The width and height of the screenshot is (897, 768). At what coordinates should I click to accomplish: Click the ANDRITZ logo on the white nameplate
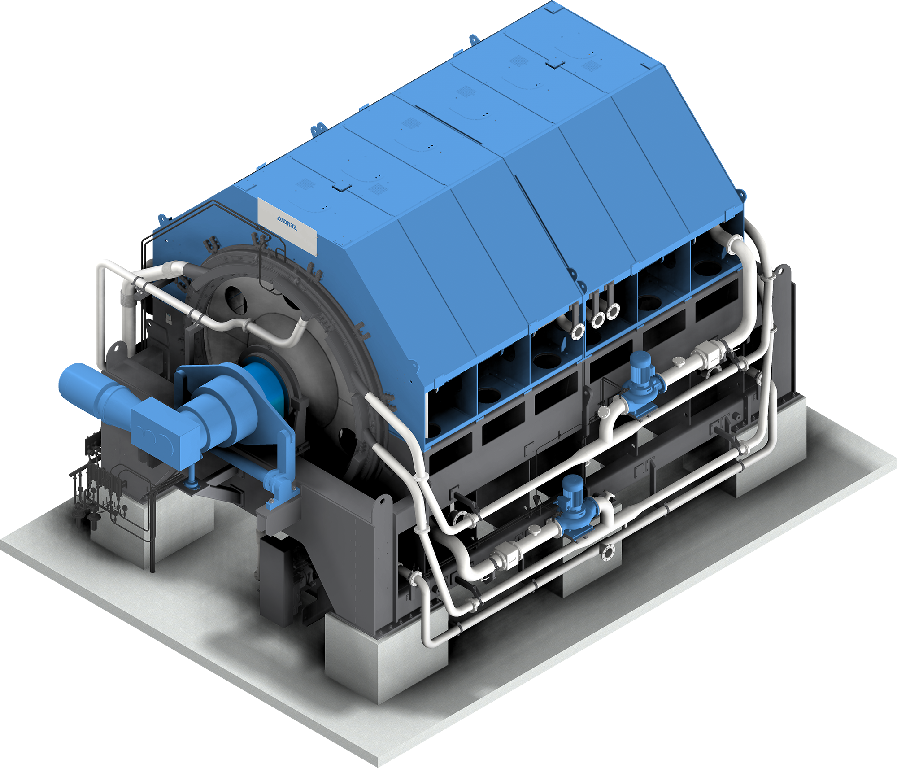[287, 222]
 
